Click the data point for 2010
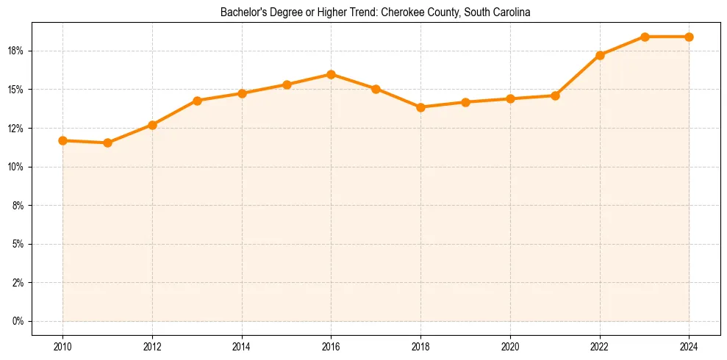(x=62, y=140)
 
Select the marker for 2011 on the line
(x=107, y=143)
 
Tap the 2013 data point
(x=197, y=101)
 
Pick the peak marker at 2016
(x=331, y=74)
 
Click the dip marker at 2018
(x=420, y=107)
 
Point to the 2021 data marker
(x=555, y=96)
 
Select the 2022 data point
(x=600, y=55)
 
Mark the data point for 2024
(x=689, y=37)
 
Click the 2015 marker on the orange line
(x=287, y=84)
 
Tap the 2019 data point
(x=465, y=102)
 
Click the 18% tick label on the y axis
(x=17, y=51)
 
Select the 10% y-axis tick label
(x=17, y=167)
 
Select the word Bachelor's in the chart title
(x=241, y=12)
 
